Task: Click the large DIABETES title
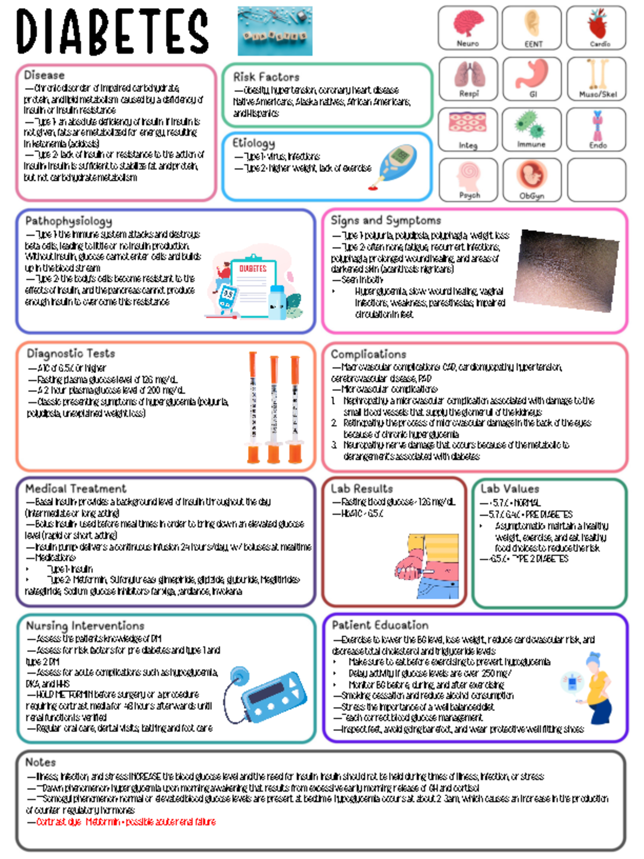click(112, 31)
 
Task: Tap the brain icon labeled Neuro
click(468, 24)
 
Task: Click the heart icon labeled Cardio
click(597, 24)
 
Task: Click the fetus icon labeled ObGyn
click(532, 176)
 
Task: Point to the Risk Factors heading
click(266, 77)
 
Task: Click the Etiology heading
click(253, 143)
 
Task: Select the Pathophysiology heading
click(69, 221)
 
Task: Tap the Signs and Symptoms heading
click(385, 220)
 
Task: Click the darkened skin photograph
click(567, 270)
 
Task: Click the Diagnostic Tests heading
click(71, 353)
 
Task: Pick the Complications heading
click(368, 354)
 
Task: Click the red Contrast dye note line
click(126, 821)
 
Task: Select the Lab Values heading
click(509, 489)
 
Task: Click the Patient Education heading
click(380, 625)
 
